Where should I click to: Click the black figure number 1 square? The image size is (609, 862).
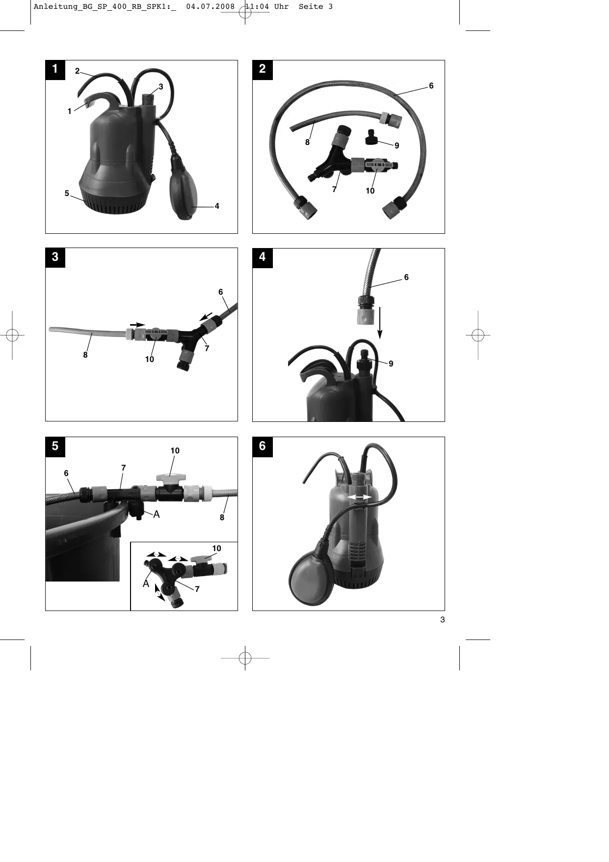55,69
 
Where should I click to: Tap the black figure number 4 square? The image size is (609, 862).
262,257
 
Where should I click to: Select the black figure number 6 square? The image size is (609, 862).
262,446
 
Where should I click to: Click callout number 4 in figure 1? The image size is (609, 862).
217,206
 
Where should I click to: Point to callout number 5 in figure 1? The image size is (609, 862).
67,194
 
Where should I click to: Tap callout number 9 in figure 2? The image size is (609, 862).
397,146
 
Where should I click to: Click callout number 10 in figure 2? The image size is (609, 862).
370,191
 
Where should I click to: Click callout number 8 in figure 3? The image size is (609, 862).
85,355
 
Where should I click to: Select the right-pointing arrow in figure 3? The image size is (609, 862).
137,325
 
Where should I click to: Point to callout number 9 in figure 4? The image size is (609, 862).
391,364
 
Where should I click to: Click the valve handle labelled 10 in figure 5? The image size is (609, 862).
169,477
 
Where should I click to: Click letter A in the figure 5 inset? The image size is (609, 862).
146,584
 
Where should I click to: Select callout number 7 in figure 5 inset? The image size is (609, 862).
197,589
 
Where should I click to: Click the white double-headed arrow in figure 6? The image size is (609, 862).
359,498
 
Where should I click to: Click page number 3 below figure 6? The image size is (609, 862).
443,620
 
